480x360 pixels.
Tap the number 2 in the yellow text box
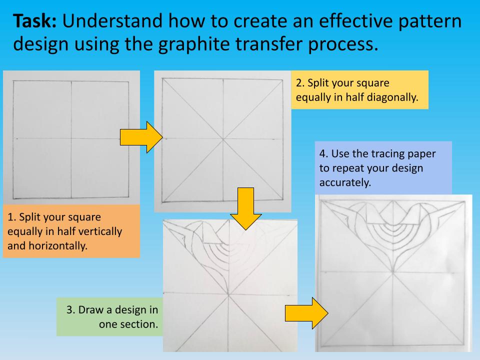(x=299, y=82)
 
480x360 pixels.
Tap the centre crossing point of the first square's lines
(x=71, y=138)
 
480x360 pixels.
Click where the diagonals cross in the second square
(x=223, y=138)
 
